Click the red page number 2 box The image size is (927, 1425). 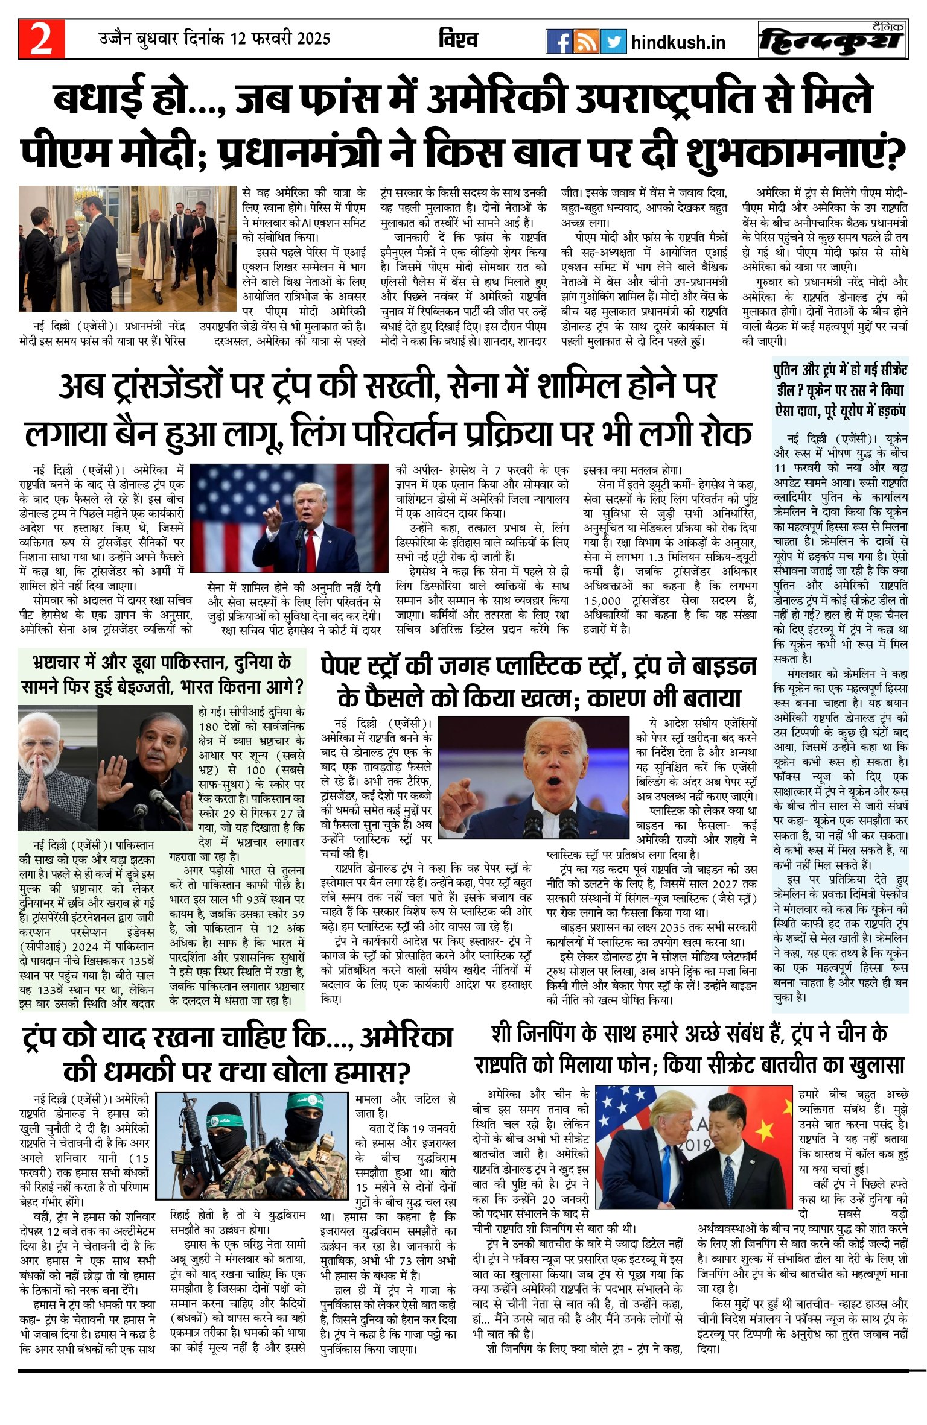coord(41,39)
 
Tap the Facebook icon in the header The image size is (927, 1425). coord(558,42)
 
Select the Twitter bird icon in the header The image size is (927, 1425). coord(613,42)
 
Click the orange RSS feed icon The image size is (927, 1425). coord(586,42)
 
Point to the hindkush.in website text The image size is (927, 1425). coord(678,43)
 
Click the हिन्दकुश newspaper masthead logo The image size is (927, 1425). coord(833,40)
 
